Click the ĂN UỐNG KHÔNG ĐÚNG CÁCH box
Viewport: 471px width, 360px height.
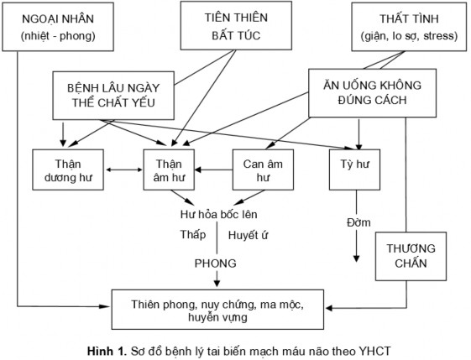(366, 91)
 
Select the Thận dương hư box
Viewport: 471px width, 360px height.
(66, 170)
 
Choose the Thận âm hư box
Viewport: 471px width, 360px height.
(175, 170)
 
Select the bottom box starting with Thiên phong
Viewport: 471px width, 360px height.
(217, 308)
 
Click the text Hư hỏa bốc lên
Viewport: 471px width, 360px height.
(217, 214)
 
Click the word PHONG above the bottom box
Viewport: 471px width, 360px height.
(217, 262)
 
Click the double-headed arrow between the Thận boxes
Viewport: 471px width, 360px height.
(123, 170)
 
